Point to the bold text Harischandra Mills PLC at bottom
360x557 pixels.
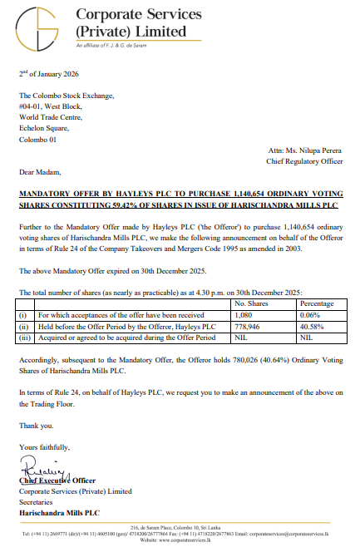click(x=59, y=512)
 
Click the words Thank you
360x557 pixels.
click(x=37, y=425)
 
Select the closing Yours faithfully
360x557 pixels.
click(x=45, y=446)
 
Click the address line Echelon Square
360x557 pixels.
click(x=51, y=128)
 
